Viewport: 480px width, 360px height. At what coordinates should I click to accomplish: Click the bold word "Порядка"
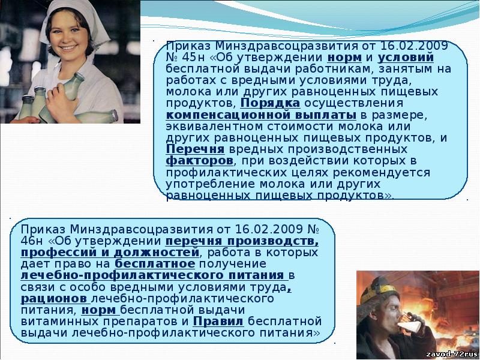[x=271, y=103]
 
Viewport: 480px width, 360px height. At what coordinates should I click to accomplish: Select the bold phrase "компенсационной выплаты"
[x=261, y=115]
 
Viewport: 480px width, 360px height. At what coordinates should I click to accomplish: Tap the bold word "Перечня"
[x=196, y=149]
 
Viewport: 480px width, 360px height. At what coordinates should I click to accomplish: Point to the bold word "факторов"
[x=200, y=161]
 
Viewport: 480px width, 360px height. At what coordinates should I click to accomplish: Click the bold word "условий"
[x=406, y=57]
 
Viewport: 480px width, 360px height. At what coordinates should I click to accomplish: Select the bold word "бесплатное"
[x=155, y=263]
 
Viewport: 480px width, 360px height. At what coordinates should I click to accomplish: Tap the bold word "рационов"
[x=54, y=299]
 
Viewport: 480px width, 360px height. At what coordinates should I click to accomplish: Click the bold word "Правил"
[x=218, y=322]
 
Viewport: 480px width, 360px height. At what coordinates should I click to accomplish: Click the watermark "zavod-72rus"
[x=452, y=354]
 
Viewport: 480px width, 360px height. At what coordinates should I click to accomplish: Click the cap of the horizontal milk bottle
[x=114, y=116]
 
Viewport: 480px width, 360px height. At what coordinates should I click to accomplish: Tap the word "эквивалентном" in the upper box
[x=214, y=126]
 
